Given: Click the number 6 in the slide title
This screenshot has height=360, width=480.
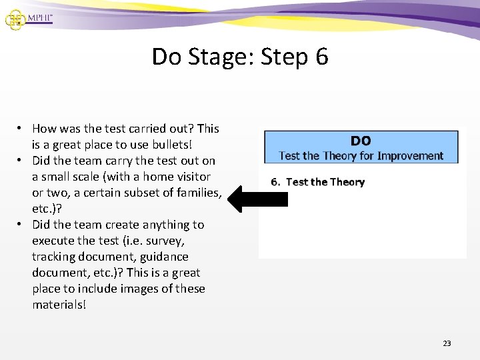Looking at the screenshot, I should click(321, 57).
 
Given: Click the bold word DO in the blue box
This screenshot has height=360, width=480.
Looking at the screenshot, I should click(361, 141).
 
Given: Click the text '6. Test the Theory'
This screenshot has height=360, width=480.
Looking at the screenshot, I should click(318, 182).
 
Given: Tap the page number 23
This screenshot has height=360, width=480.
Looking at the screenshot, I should click(447, 343).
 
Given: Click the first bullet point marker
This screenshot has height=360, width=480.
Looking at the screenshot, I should click(21, 129).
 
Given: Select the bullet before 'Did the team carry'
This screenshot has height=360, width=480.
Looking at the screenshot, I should click(21, 161).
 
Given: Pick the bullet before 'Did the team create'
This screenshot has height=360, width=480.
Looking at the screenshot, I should click(21, 225).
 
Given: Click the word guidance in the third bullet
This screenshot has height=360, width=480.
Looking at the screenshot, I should click(165, 257).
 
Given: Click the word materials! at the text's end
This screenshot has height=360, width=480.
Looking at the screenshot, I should click(59, 305).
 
